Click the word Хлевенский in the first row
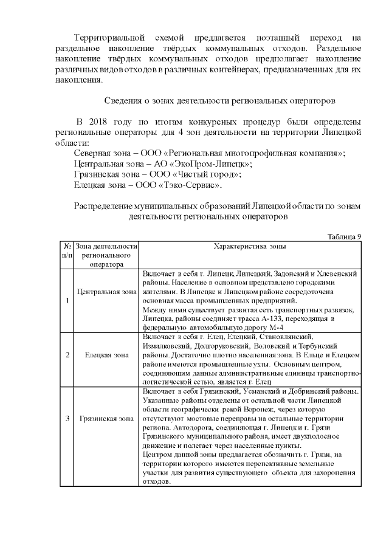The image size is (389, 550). pos(336,273)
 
